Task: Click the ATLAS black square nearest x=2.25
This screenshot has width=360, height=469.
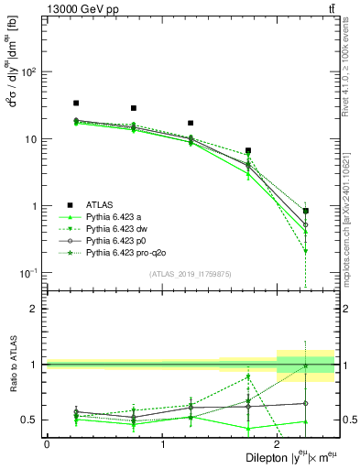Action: (x=305, y=211)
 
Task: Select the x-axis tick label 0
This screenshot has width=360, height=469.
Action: (x=47, y=443)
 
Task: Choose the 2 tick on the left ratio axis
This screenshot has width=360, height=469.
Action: (x=37, y=309)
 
